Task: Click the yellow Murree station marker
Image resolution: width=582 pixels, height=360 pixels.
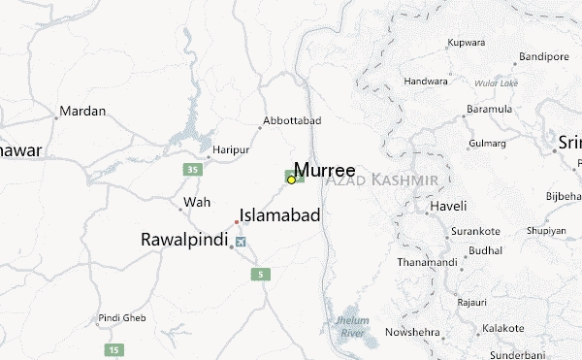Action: click(x=291, y=180)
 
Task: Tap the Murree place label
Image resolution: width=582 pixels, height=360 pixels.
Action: click(x=324, y=169)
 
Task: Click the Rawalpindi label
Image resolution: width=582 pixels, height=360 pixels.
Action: click(x=184, y=239)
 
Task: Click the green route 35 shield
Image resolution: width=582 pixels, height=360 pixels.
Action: click(x=193, y=170)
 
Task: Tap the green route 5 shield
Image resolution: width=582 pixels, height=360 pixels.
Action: click(x=260, y=275)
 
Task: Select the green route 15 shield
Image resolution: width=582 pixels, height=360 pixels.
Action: click(x=116, y=348)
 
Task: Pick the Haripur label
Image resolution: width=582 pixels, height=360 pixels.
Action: click(x=232, y=151)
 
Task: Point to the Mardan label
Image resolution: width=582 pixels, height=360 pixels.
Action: click(x=82, y=112)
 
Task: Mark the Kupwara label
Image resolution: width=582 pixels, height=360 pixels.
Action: click(x=465, y=44)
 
